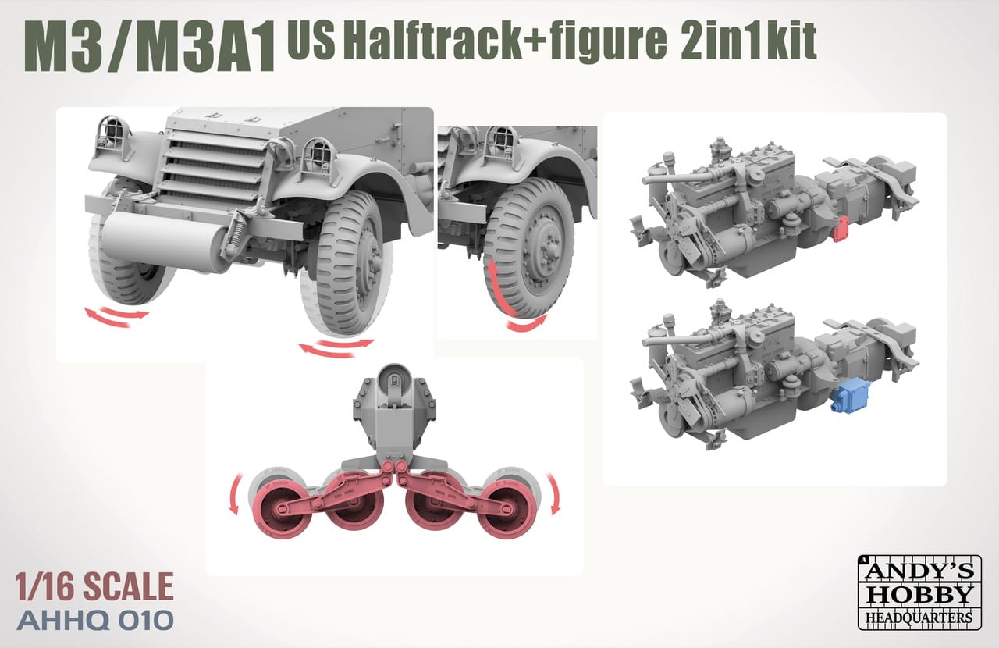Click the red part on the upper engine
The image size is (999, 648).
pos(841,229)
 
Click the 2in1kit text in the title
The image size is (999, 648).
pos(747,40)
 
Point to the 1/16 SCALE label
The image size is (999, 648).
pos(94,586)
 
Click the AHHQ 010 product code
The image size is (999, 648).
pos(94,620)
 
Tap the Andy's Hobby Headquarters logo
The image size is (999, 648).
pos(919,592)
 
